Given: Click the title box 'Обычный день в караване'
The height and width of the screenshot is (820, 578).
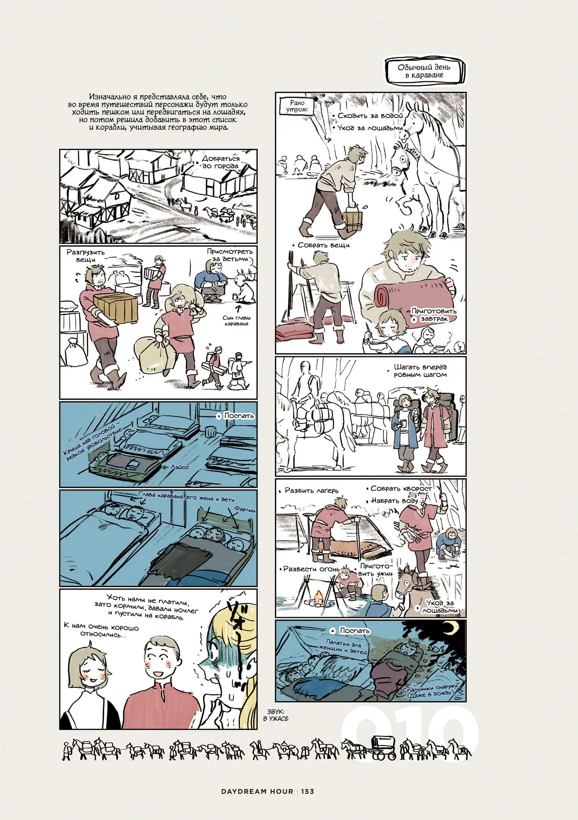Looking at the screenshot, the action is click(425, 71).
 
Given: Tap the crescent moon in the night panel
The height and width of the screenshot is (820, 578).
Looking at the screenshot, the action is click(451, 627).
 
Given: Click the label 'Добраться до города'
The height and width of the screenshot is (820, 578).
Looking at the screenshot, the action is click(220, 162).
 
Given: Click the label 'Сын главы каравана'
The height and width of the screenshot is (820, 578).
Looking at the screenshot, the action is click(236, 321).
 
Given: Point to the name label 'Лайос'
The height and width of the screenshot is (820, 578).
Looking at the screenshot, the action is click(180, 467).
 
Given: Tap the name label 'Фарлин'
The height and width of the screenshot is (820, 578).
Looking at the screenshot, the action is click(245, 509).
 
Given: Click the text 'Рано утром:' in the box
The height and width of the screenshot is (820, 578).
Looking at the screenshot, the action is click(297, 106).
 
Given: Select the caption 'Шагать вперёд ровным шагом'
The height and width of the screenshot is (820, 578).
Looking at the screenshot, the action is click(420, 371).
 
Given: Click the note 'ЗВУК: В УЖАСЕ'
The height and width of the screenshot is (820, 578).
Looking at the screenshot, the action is click(276, 715).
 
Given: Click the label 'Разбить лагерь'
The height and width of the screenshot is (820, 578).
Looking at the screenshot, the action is click(311, 490).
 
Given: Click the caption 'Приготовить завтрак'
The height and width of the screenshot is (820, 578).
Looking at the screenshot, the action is click(434, 315).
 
